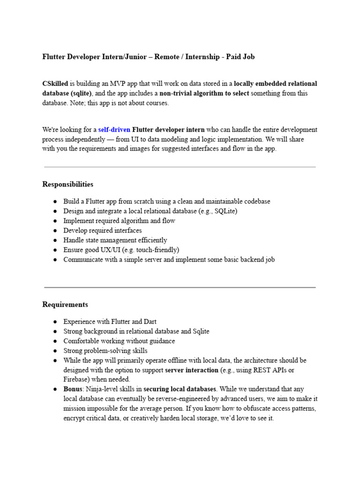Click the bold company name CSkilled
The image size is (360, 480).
55,84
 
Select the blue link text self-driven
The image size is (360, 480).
114,129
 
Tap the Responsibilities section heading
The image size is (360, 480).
67,184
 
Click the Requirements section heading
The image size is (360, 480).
65,305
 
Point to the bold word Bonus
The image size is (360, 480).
73,389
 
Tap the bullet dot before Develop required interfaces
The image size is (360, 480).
55,231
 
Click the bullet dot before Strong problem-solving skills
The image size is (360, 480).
55,351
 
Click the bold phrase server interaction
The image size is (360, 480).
192,370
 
